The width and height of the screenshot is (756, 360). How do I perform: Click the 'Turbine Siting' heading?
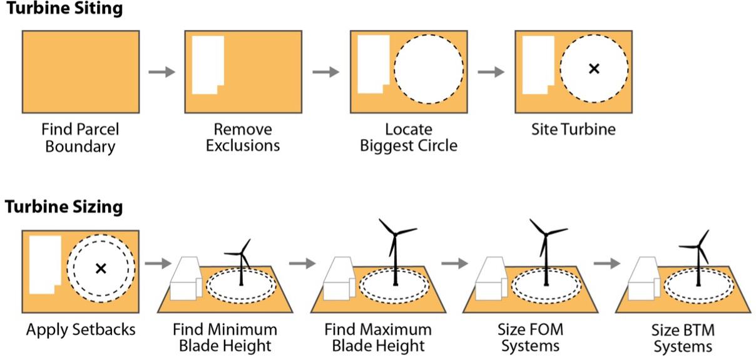pos(64,9)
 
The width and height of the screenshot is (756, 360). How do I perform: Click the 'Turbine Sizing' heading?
pos(64,207)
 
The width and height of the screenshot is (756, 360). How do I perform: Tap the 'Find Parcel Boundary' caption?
pos(80,138)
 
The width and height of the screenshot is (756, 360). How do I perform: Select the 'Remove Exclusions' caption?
pos(243,138)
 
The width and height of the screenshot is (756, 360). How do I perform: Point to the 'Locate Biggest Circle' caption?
pos(409,138)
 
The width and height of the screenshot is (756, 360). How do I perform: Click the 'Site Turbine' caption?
pos(573,130)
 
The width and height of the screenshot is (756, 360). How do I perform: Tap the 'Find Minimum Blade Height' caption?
pos(225,337)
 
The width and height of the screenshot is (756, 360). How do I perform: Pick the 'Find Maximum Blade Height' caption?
pos(377,337)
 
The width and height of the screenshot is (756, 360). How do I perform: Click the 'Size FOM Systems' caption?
pos(529,337)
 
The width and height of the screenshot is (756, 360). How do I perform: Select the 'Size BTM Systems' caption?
pos(682,337)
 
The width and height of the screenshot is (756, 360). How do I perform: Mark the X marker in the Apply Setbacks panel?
pos(100,269)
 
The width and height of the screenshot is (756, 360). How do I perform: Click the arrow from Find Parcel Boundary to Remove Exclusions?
pos(161,72)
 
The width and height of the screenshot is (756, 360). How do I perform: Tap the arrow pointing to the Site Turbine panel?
pos(491,72)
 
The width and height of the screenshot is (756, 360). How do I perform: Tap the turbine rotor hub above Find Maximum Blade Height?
pos(396,234)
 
